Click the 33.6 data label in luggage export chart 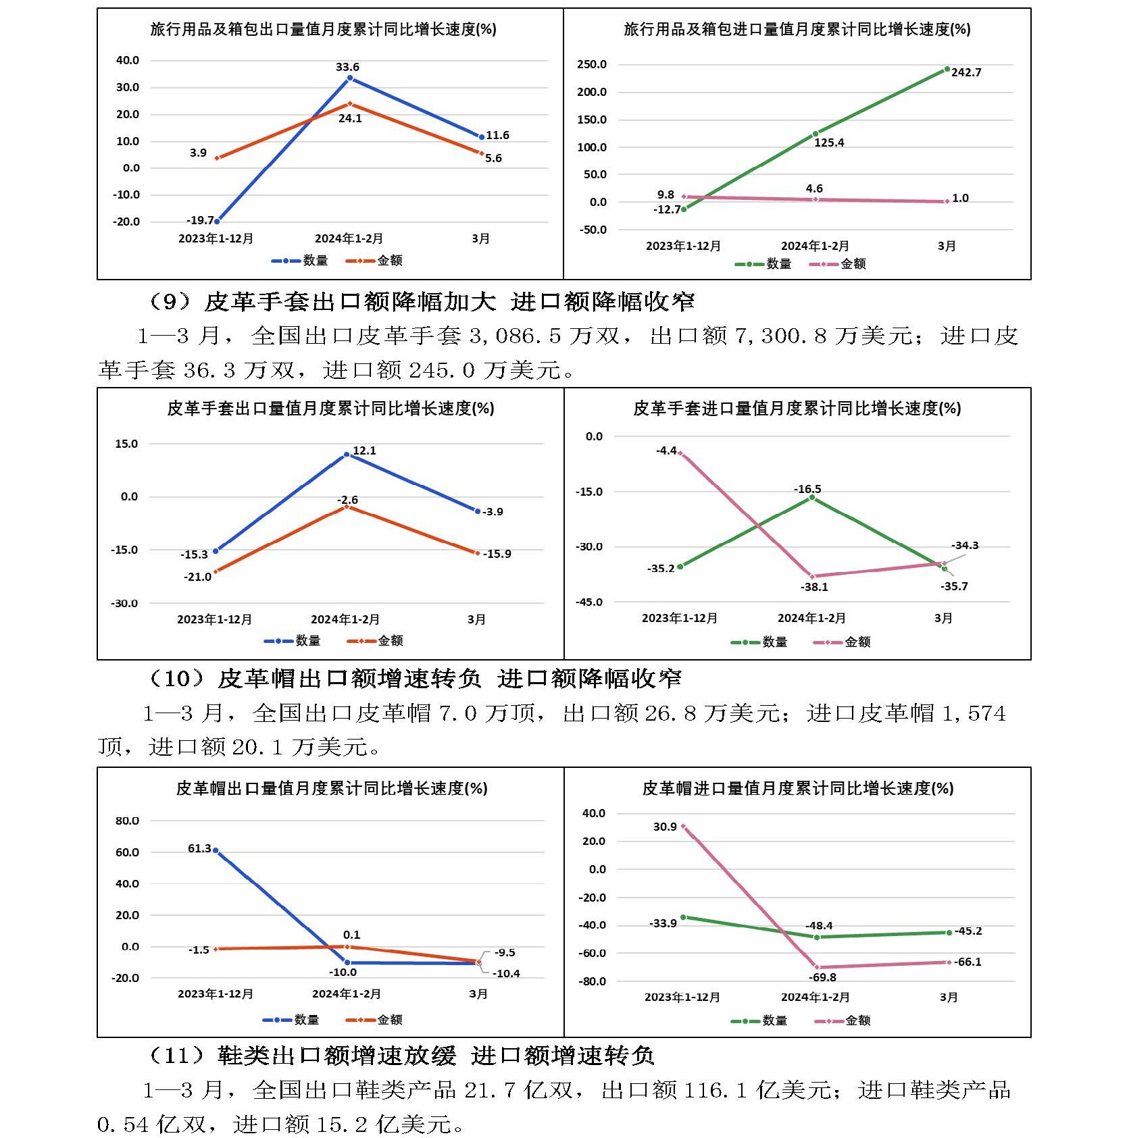pos(347,67)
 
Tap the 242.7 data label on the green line pos(966,72)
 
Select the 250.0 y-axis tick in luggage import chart pos(592,64)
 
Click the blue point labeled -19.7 pos(217,221)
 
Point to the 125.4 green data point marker pos(816,134)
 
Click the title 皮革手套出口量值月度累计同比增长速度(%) pos(330,408)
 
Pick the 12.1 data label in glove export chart pos(364,450)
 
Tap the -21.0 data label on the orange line pos(197,577)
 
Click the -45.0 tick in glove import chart pos(588,602)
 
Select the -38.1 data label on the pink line pos(814,587)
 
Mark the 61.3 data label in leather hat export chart pos(199,848)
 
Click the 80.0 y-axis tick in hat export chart pos(127,821)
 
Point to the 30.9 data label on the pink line pos(665,827)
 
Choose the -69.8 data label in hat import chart pos(822,977)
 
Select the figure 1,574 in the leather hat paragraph pos(974,713)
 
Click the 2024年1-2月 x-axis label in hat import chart pos(815,997)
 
